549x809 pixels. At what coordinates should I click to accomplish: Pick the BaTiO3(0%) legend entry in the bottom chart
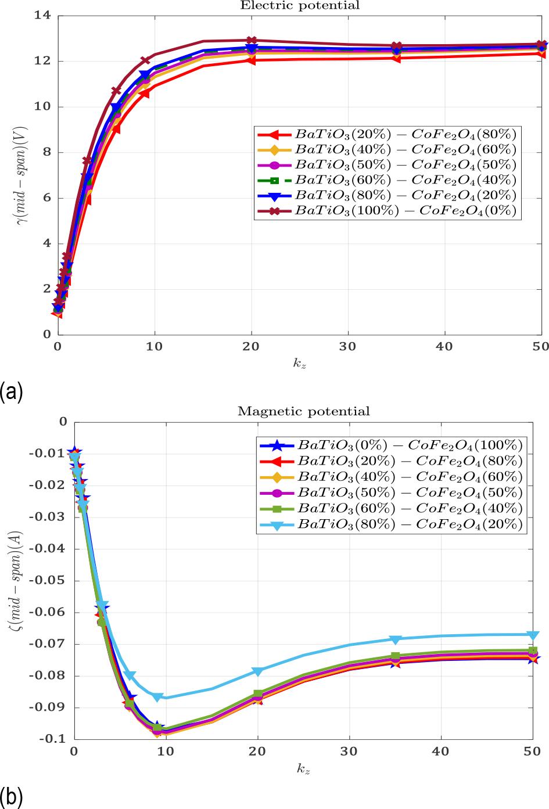pyautogui.click(x=410, y=445)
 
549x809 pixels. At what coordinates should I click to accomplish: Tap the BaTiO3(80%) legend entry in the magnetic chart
pyautogui.click(x=410, y=524)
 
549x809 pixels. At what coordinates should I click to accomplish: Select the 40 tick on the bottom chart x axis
pyautogui.click(x=442, y=752)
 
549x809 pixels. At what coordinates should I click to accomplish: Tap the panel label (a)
pyautogui.click(x=12, y=391)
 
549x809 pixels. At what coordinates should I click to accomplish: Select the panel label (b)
pyautogui.click(x=12, y=797)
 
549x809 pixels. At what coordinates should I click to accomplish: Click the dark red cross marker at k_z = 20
pyautogui.click(x=251, y=41)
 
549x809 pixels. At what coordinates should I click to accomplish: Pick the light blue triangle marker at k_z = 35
pyautogui.click(x=396, y=639)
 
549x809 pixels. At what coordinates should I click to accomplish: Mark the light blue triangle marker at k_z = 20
pyautogui.click(x=257, y=671)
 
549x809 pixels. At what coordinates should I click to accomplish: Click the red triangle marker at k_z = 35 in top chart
pyautogui.click(x=396, y=57)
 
